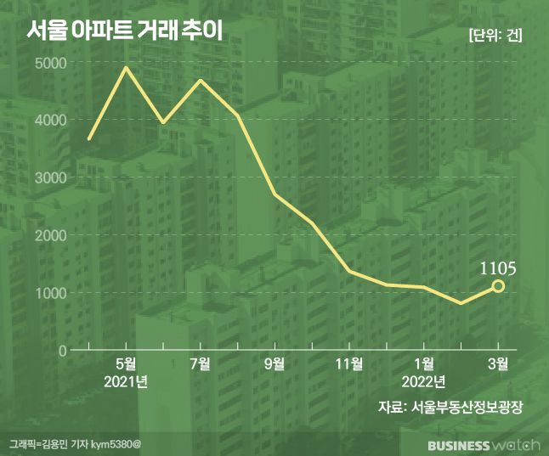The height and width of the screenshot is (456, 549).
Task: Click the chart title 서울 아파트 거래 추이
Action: [123, 32]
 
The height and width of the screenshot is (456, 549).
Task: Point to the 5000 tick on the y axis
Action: [52, 63]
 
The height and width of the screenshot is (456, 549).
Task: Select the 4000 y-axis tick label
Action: [52, 121]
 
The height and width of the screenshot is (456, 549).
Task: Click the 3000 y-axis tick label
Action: [52, 177]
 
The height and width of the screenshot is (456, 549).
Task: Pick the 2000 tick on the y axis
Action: [52, 235]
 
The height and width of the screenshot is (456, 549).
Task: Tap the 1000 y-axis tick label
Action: [52, 293]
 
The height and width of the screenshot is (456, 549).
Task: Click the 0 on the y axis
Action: [62, 350]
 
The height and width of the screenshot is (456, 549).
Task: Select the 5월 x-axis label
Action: [127, 364]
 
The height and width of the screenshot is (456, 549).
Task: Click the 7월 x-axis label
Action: [201, 364]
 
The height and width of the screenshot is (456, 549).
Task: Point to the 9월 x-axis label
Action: [274, 364]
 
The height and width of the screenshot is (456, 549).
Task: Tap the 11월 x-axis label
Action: [348, 364]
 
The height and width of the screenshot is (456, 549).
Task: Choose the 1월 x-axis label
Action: [423, 364]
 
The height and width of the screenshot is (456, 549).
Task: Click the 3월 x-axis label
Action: [497, 364]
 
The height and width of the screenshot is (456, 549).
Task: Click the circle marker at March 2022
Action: [498, 286]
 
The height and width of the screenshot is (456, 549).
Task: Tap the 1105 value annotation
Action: [498, 268]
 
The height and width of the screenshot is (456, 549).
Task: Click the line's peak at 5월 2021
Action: [127, 67]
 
